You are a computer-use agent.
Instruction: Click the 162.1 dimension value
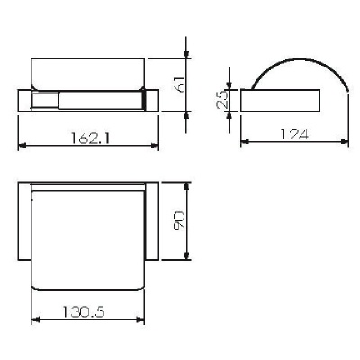tap(91, 139)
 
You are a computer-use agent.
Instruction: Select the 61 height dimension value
tap(180, 84)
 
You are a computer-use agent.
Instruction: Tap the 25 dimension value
tap(222, 100)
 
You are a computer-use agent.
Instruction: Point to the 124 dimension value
tap(294, 134)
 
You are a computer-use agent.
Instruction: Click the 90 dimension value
tap(179, 220)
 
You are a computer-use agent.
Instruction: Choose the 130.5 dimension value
tap(84, 312)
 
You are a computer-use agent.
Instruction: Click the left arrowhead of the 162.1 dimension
tap(22, 146)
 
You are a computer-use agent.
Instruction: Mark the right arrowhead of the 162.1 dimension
tap(155, 146)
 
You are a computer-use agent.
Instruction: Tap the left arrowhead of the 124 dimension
tap(245, 140)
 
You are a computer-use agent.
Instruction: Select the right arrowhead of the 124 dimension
tap(345, 140)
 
